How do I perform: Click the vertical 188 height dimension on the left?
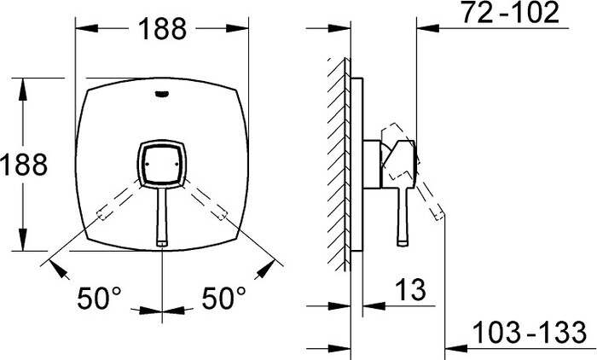25,164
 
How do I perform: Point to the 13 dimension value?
410,290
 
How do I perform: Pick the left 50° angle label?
100,298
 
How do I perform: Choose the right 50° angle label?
223,298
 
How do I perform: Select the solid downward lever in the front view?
162,218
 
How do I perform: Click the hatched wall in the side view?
339,162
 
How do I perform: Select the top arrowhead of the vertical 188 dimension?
25,84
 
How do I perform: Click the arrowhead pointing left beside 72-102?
423,29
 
